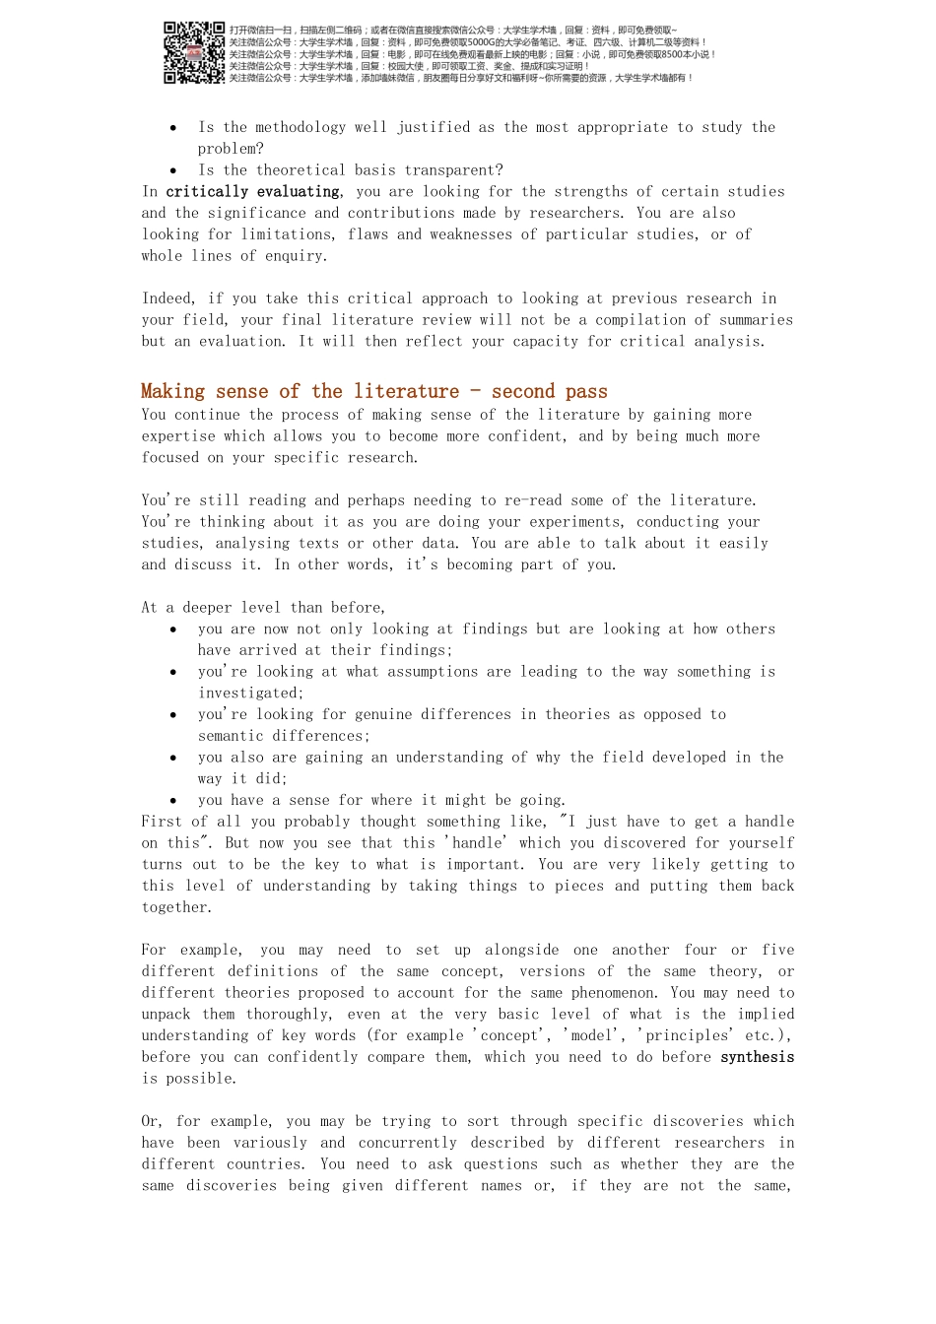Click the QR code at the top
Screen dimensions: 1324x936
[x=194, y=52]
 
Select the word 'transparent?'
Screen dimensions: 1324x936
[x=453, y=170]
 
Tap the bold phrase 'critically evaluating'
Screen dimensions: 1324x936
[x=252, y=192]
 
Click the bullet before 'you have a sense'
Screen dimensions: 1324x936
[x=173, y=801]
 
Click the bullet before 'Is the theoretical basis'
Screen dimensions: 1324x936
[x=173, y=171]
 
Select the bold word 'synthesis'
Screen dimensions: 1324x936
[x=757, y=1057]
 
